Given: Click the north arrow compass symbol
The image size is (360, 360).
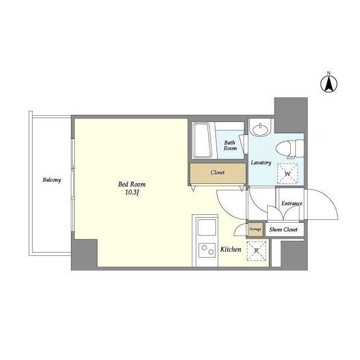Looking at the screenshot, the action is pyautogui.click(x=328, y=84).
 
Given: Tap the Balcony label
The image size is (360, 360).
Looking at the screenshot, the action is pyautogui.click(x=52, y=180).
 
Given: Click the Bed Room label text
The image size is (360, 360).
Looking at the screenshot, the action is pyautogui.click(x=132, y=184).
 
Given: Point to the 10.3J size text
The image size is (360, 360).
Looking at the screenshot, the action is pyautogui.click(x=132, y=192).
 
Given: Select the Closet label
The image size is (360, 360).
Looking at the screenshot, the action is pyautogui.click(x=218, y=173).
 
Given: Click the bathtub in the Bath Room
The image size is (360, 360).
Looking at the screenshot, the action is pyautogui.click(x=202, y=140).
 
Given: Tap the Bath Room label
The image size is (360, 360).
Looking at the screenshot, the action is pyautogui.click(x=230, y=146).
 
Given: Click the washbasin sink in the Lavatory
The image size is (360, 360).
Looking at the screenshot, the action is pyautogui.click(x=260, y=129).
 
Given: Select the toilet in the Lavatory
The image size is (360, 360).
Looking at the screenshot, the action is pyautogui.click(x=290, y=148).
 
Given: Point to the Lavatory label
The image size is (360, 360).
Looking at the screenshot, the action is pyautogui.click(x=261, y=163).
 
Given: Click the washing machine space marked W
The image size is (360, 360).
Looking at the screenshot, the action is pyautogui.click(x=287, y=174).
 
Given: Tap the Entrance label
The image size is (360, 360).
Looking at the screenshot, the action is pyautogui.click(x=292, y=204).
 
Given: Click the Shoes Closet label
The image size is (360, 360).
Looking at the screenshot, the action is pyautogui.click(x=283, y=229).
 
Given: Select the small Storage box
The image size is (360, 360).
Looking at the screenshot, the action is pyautogui.click(x=255, y=229).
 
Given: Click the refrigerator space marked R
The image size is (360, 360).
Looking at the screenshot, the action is pyautogui.click(x=256, y=251).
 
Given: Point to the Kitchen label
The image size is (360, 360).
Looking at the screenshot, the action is pyautogui.click(x=231, y=249).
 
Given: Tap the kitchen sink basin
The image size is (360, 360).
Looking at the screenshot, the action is pyautogui.click(x=206, y=227).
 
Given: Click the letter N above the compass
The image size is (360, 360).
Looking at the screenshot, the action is pyautogui.click(x=328, y=73).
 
